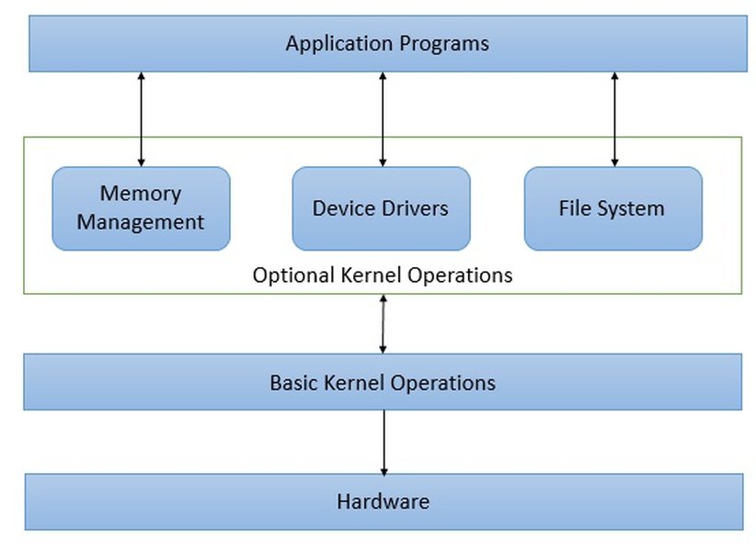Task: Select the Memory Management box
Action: click(141, 208)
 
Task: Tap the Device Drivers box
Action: click(381, 208)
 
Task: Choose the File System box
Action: click(613, 208)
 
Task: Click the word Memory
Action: click(141, 194)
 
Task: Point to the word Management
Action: click(141, 222)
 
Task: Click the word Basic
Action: click(292, 382)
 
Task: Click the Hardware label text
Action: click(383, 501)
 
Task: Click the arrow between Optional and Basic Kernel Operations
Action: click(383, 324)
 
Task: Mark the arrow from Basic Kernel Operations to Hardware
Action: click(384, 442)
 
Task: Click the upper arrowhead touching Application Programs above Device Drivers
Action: click(383, 77)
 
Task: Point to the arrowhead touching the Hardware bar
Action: click(384, 468)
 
